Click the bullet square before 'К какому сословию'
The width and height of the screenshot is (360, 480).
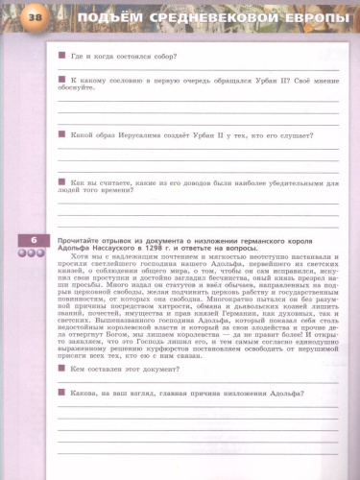pos(61,80)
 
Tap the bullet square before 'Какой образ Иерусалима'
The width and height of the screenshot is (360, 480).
pos(61,135)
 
